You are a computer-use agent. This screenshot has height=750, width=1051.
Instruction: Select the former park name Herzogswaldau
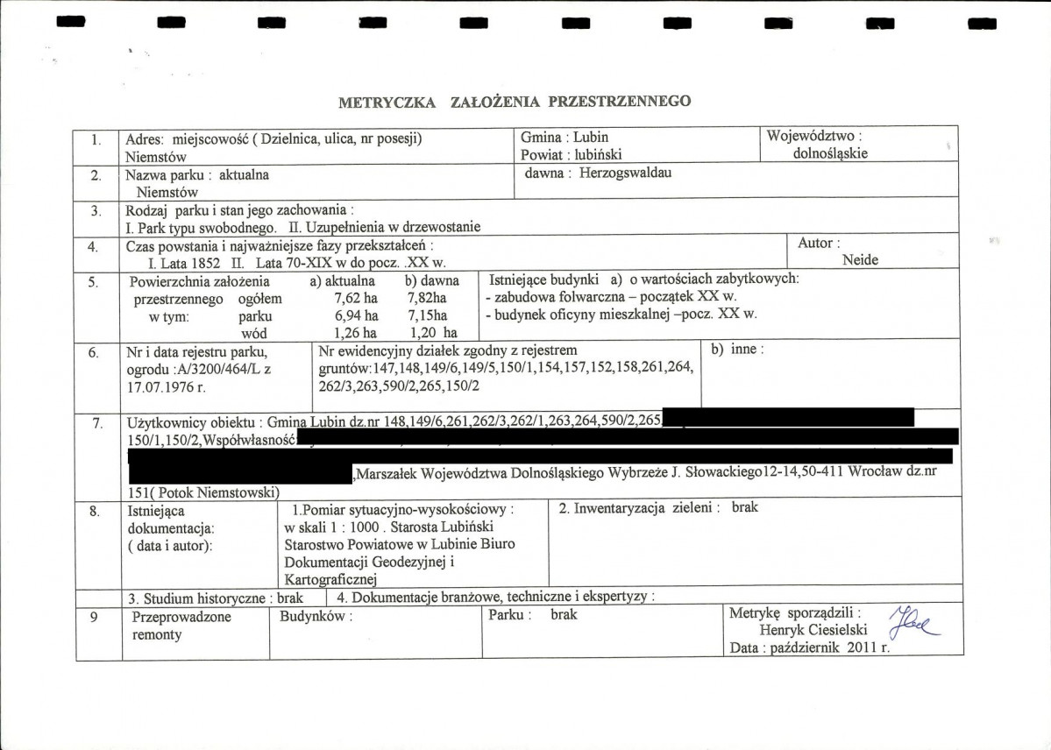pos(629,173)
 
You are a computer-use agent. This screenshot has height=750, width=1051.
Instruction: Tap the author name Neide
pos(859,259)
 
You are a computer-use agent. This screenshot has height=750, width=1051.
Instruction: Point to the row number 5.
pos(94,282)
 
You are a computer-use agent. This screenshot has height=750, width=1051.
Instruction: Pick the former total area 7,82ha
pos(428,299)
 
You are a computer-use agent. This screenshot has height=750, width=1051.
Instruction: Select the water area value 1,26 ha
pos(356,333)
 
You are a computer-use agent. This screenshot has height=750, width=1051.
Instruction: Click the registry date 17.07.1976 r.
pos(165,385)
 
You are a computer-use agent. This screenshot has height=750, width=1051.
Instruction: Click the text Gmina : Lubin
pos(565,137)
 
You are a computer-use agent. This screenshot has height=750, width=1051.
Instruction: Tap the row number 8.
pos(95,509)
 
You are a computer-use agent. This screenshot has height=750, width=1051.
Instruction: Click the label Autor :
pos(819,243)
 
